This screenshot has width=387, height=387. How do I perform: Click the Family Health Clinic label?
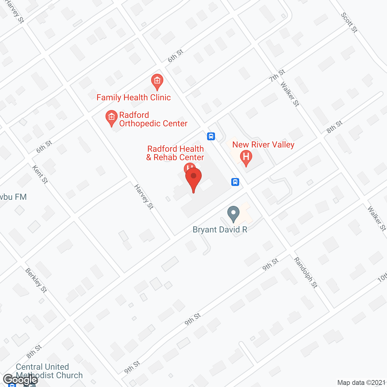pos(134,97)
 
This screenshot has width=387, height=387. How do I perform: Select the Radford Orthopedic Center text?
pos(153,119)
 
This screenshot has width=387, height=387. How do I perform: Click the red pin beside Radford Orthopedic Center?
pos(112,118)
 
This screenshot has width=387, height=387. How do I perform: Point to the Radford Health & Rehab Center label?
pos(175,153)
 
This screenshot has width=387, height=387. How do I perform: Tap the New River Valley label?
pos(263,145)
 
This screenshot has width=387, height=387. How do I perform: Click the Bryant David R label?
pos(220,230)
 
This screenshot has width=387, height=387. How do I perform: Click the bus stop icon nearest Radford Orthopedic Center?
pos(211,136)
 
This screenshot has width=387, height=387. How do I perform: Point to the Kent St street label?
pos(40,174)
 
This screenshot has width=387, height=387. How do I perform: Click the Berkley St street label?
pos(36,281)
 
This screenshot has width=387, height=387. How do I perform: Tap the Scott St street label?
pos(349,22)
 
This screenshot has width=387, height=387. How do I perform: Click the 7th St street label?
pos(277,76)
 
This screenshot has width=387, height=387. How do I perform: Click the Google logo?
pos(20,380)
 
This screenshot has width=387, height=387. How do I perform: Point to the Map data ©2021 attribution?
pos(361,382)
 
